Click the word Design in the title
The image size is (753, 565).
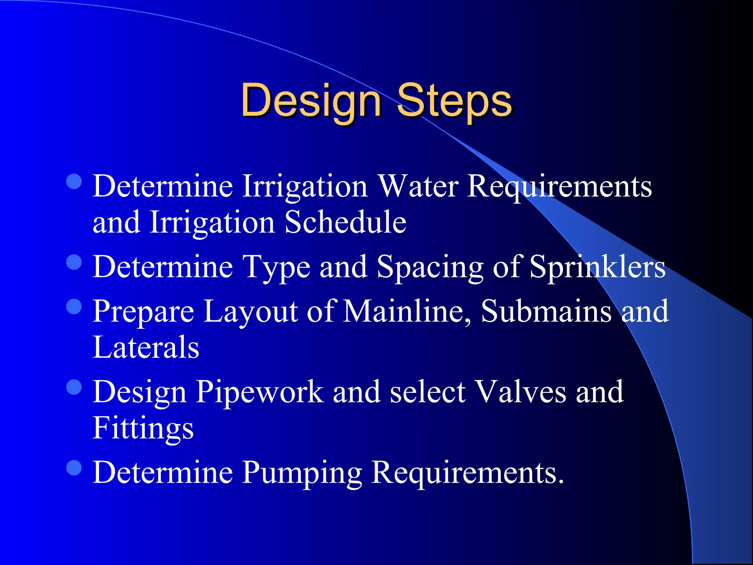311,100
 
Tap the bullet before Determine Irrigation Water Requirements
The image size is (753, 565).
74,181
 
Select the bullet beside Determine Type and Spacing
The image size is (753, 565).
74,262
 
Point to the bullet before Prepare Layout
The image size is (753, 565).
74,306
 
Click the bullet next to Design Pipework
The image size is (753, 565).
74,387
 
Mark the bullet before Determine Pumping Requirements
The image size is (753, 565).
74,468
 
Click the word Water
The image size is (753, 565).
418,186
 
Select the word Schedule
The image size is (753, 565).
345,222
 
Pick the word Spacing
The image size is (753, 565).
430,267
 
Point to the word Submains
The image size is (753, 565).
546,311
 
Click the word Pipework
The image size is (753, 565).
260,392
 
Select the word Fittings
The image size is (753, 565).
143,429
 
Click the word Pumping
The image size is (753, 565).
302,473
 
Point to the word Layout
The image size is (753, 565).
250,312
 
